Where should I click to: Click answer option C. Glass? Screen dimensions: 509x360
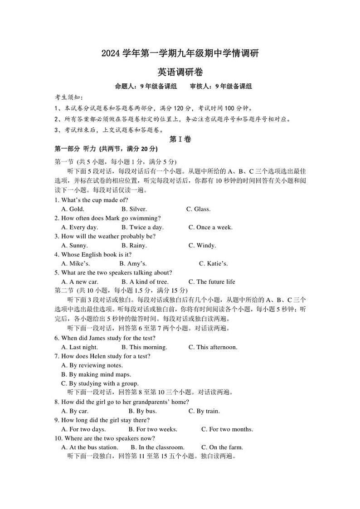click(x=198, y=209)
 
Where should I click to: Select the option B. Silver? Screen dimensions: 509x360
click(x=134, y=209)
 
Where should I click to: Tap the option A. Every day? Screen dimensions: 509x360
click(x=79, y=227)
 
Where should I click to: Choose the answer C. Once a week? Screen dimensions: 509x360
click(x=210, y=227)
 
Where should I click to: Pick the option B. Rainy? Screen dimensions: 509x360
click(x=134, y=245)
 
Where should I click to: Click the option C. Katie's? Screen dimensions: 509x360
click(x=213, y=263)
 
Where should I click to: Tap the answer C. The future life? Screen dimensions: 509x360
click(x=212, y=281)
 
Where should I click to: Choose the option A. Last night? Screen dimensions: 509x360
click(x=79, y=347)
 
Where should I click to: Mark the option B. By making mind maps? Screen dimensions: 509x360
click(x=96, y=374)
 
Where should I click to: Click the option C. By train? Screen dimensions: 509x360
click(x=204, y=411)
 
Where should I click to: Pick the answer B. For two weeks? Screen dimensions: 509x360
click(x=153, y=429)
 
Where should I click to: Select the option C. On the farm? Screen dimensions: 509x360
click(x=222, y=447)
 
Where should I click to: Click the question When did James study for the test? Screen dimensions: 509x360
click(x=105, y=338)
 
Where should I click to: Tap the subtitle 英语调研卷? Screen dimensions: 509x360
click(x=180, y=72)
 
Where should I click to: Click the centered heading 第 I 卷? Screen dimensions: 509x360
click(x=180, y=140)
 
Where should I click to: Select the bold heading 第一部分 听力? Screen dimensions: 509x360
click(x=75, y=149)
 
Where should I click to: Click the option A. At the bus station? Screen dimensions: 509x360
click(x=89, y=447)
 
